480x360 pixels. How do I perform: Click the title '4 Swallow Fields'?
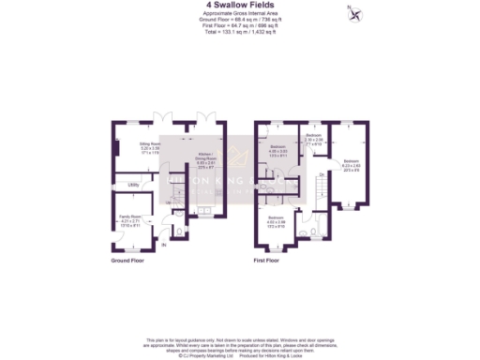[x=240, y=6]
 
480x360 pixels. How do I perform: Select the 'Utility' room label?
[x=135, y=185]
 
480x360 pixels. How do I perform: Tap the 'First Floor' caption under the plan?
[x=267, y=261]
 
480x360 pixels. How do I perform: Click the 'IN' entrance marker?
[x=165, y=245]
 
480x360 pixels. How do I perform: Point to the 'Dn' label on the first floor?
[x=321, y=175]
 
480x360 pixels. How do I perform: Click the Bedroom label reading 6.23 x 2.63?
[x=351, y=165]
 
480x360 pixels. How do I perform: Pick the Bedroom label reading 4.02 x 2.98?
[x=277, y=221]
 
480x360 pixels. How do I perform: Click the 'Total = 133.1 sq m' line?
[x=240, y=32]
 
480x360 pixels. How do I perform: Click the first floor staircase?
[x=321, y=192]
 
